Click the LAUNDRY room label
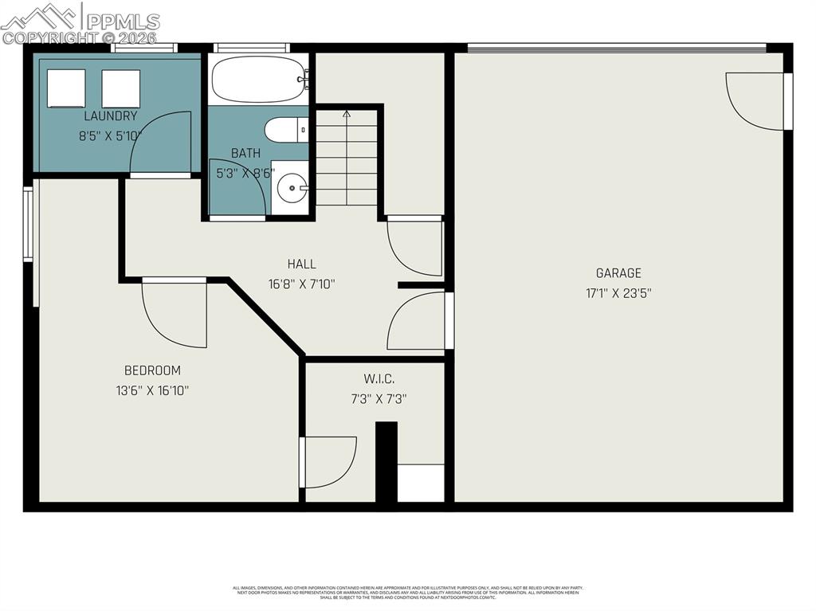point(110,116)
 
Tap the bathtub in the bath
point(258,79)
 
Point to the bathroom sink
point(291,188)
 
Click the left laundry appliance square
point(66,88)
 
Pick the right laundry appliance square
point(121,88)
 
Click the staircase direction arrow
point(347,115)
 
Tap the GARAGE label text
point(618,273)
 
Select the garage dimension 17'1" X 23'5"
point(618,292)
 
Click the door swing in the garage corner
point(753,100)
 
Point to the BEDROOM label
point(152,370)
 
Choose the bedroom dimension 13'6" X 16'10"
point(152,390)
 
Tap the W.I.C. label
point(379,379)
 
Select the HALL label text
point(302,264)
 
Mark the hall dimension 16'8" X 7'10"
point(302,284)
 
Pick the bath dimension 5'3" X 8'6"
point(245,171)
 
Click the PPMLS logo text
point(123,22)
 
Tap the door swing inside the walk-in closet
point(329,462)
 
